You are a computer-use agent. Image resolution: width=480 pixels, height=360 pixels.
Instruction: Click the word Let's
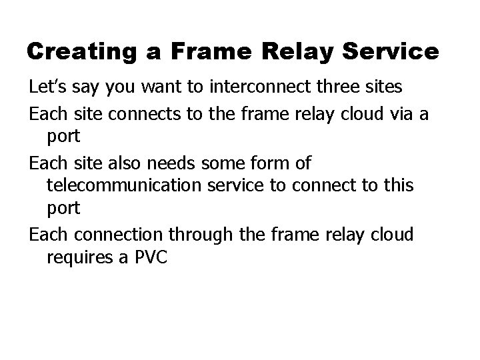(x=45, y=87)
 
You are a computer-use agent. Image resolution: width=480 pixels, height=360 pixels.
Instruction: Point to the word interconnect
(x=241, y=87)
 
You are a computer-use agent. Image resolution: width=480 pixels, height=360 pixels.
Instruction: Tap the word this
(x=397, y=186)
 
